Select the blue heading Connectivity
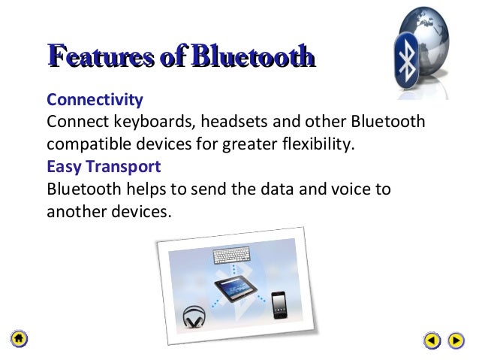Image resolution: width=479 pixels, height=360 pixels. coord(95,100)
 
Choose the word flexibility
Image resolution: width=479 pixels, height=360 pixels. coord(314,144)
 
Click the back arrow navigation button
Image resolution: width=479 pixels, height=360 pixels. coord(431,340)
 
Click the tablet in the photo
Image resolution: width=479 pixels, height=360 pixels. coord(241,291)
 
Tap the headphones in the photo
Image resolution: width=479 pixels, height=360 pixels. coord(195,316)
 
